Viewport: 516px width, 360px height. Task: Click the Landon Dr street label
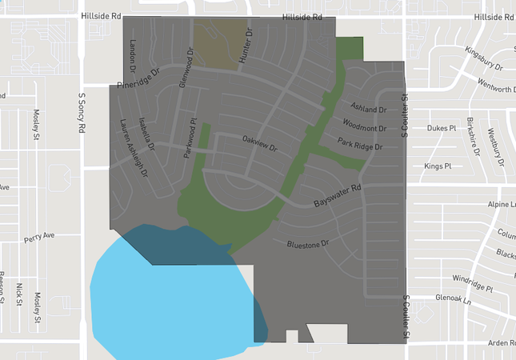click(x=134, y=54)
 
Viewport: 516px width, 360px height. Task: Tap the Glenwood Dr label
click(x=186, y=68)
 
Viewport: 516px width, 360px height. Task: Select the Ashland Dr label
click(x=368, y=108)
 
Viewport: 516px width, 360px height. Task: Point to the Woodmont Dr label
click(x=364, y=126)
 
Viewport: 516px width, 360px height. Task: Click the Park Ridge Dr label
click(x=360, y=145)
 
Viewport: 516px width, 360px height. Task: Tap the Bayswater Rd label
click(x=338, y=194)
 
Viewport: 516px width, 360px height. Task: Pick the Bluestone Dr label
click(x=308, y=241)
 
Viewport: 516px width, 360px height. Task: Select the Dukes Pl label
click(x=441, y=128)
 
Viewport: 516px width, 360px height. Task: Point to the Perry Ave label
click(x=38, y=237)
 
